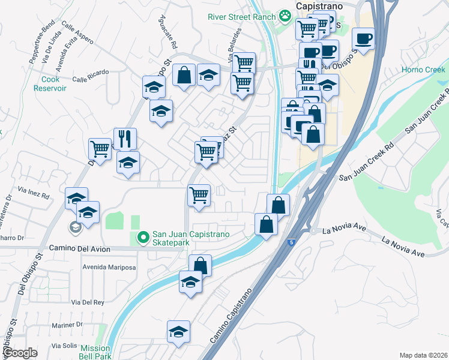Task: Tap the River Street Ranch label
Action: [241, 17]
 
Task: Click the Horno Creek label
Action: [423, 70]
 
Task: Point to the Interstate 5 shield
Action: [291, 242]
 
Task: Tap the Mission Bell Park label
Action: [95, 352]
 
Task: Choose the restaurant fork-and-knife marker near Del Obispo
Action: [125, 139]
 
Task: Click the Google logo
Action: [20, 353]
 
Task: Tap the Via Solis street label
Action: [64, 346]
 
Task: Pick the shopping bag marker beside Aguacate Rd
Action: [184, 76]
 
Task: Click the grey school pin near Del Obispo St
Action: [75, 227]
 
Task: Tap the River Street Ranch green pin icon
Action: [284, 16]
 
